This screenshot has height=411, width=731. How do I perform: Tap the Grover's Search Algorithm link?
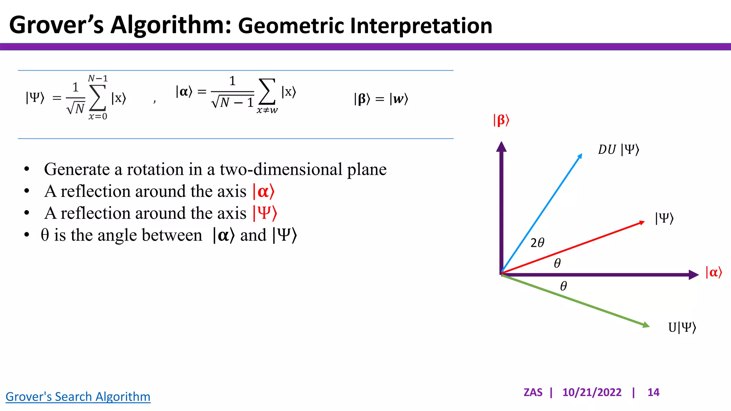tap(78, 397)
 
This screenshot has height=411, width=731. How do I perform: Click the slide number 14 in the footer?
tap(653, 392)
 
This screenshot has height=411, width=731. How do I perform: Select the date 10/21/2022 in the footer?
tap(591, 392)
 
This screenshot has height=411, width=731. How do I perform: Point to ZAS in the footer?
tap(533, 392)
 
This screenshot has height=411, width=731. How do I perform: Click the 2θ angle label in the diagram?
tap(537, 243)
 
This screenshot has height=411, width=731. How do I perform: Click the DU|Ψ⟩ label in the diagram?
tap(618, 149)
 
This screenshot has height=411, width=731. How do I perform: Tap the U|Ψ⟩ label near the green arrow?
tap(682, 327)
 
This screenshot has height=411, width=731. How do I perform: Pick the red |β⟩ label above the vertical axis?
tap(501, 120)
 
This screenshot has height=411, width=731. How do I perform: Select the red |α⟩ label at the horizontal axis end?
tap(714, 273)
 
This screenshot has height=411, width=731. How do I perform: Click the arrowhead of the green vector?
tap(646, 325)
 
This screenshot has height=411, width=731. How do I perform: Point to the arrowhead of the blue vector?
tap(580, 156)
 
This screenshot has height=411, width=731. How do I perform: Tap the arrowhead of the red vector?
tap(641, 223)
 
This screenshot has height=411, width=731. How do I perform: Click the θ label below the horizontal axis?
tap(563, 286)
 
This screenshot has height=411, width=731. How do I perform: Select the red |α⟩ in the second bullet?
tap(263, 192)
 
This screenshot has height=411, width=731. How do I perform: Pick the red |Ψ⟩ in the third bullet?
tap(264, 213)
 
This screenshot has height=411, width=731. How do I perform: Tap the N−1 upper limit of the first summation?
tap(97, 78)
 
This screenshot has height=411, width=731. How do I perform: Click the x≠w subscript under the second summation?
tap(267, 111)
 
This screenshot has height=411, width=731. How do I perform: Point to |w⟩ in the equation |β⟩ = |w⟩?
tap(399, 99)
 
